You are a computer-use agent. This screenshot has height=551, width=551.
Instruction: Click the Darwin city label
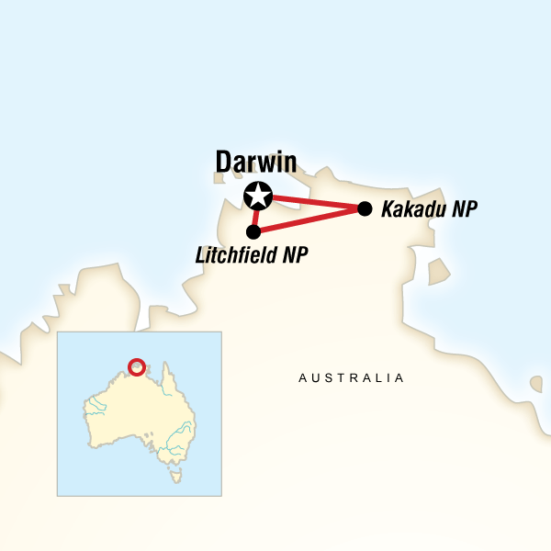(256, 162)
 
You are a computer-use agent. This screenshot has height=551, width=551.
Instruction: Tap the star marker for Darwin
(258, 195)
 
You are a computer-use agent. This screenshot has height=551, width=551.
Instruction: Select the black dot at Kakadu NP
(364, 208)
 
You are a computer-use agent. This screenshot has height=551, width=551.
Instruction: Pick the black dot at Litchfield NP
(253, 232)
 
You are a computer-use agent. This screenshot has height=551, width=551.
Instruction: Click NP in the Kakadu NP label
(464, 209)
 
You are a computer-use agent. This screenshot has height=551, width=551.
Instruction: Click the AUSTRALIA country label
(352, 377)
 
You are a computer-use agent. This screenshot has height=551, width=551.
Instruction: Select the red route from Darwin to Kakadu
(312, 201)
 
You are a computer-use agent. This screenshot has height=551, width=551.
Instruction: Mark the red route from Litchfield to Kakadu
(309, 220)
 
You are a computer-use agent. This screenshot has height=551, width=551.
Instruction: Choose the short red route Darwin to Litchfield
(255, 215)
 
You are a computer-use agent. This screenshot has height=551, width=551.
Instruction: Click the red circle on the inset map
(136, 366)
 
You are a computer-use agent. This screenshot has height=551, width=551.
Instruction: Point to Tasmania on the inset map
(175, 476)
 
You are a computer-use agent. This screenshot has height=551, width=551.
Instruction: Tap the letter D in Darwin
(223, 163)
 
